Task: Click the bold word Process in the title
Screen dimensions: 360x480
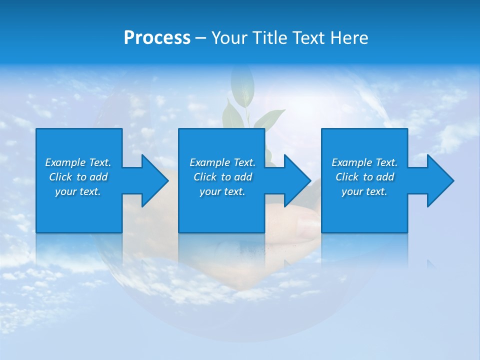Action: [x=157, y=38]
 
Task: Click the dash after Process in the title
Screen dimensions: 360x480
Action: [x=201, y=38]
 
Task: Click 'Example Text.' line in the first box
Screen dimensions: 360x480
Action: [x=78, y=162]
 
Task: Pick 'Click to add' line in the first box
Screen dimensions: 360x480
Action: [x=78, y=177]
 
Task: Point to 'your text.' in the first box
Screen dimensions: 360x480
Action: [x=78, y=191]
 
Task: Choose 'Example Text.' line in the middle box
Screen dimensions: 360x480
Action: [x=222, y=162]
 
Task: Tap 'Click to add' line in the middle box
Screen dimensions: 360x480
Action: [x=222, y=177]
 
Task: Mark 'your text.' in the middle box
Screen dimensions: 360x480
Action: [x=222, y=191]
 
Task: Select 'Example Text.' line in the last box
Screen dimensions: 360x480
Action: [x=364, y=162]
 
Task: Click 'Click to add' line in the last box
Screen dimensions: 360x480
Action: [x=364, y=177]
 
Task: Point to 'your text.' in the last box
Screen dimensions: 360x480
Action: [x=364, y=191]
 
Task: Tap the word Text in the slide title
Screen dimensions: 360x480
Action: [x=308, y=38]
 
